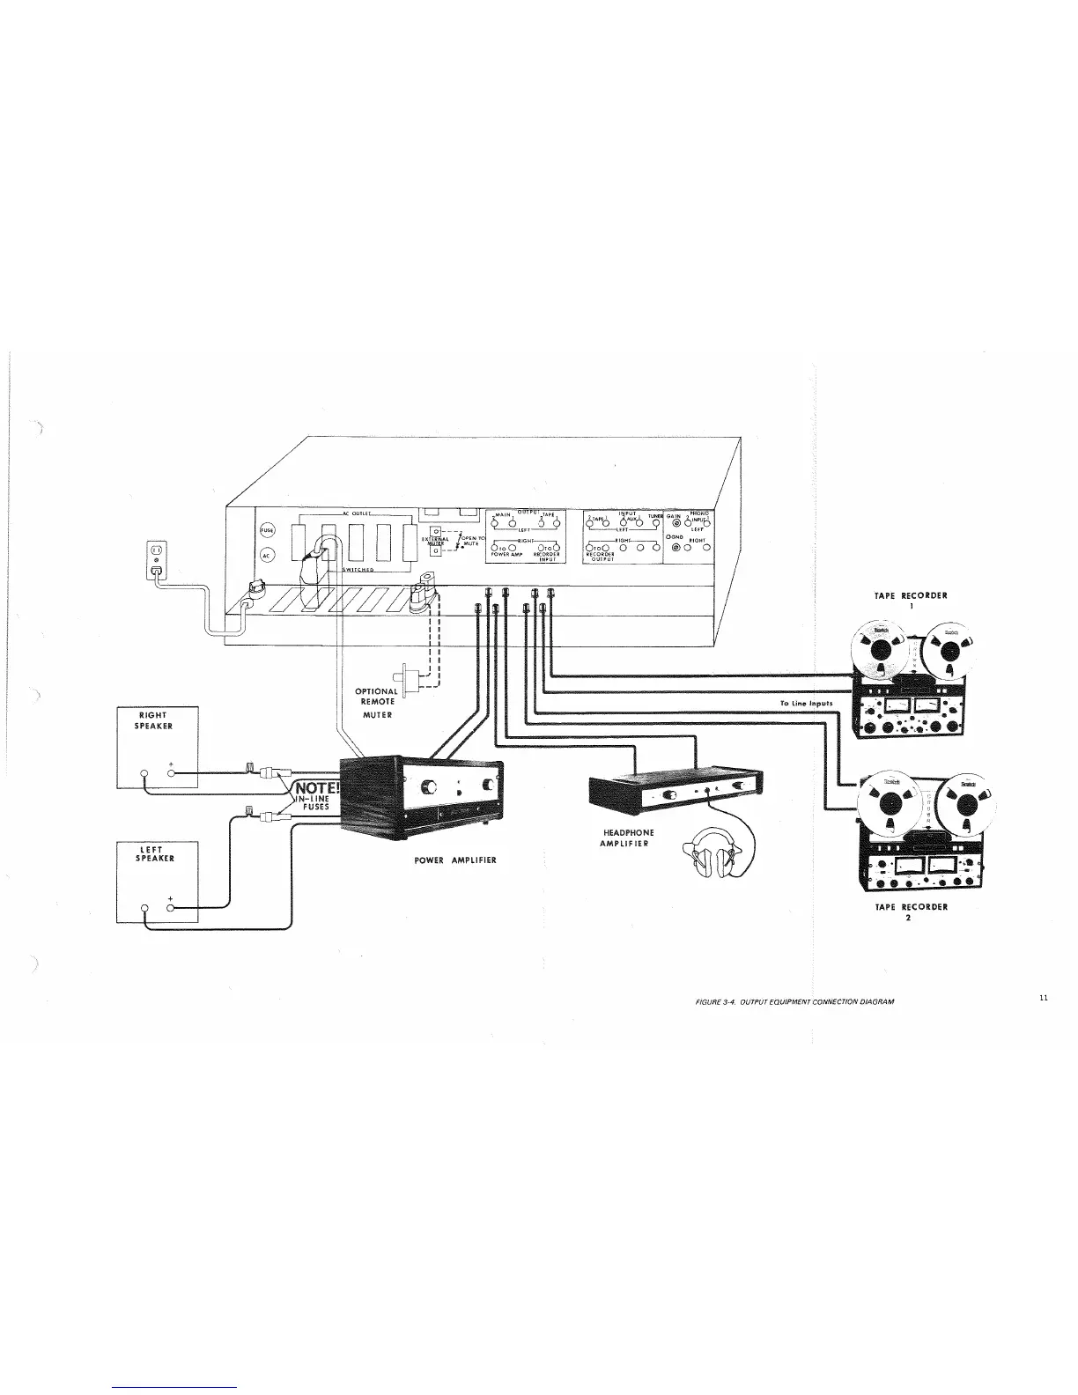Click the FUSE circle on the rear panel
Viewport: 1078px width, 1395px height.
click(x=268, y=529)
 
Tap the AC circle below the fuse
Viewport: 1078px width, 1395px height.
click(x=268, y=554)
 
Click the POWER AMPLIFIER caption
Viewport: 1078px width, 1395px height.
click(x=455, y=860)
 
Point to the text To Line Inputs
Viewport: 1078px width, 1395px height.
click(x=806, y=704)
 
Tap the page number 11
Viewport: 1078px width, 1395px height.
click(x=1043, y=998)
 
